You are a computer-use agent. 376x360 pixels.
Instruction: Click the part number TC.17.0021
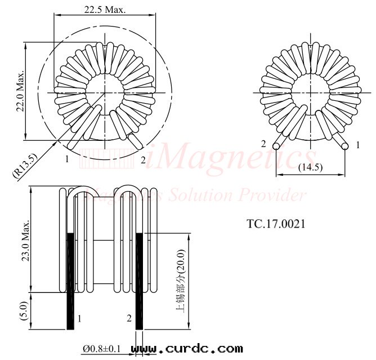tap(276, 224)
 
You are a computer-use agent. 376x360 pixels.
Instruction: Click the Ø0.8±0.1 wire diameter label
tap(102, 349)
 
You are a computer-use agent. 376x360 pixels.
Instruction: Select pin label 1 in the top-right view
tap(357, 145)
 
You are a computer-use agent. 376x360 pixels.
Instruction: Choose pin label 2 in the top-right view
tap(263, 144)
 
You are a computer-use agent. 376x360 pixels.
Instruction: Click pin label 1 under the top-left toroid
tap(66, 159)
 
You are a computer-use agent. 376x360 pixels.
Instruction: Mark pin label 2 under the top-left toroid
tap(143, 160)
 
